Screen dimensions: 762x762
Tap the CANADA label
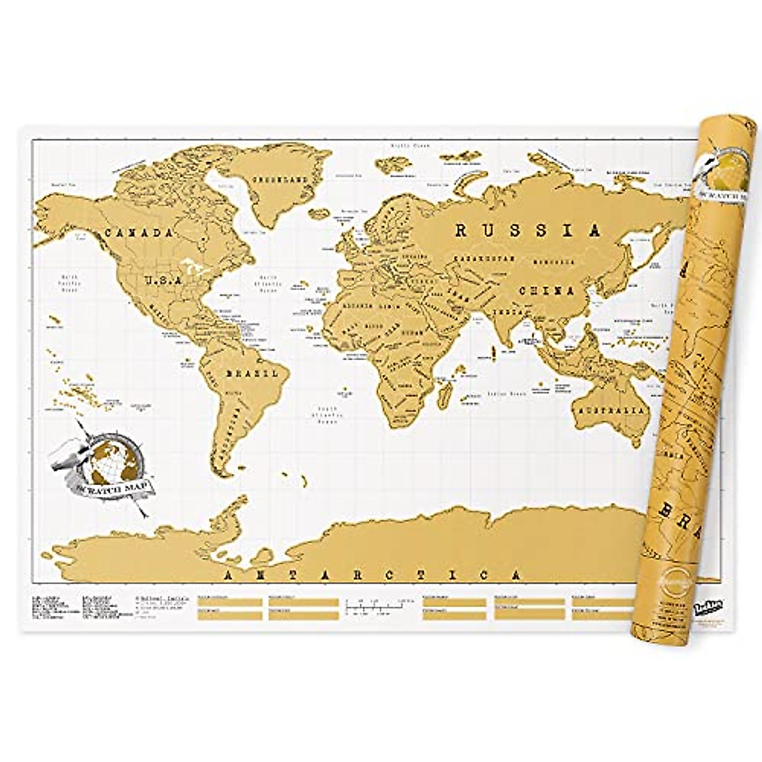click(x=138, y=233)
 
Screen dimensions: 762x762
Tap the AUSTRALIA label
click(x=610, y=410)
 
